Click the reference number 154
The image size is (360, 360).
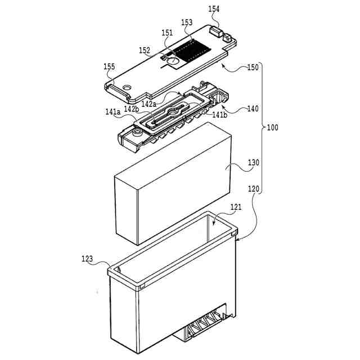214,9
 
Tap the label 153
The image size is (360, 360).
187,22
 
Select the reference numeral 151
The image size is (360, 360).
168,33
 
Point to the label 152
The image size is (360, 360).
145,51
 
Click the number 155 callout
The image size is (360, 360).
109,66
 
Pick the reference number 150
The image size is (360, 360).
253,67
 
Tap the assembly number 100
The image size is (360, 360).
272,128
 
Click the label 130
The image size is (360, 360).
253,163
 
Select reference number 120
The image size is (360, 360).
253,189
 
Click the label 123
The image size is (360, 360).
87,259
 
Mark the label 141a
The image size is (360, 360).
113,112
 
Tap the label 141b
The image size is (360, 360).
219,114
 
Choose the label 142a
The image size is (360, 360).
149,104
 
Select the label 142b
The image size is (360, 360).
132,109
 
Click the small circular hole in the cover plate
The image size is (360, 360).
126,85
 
